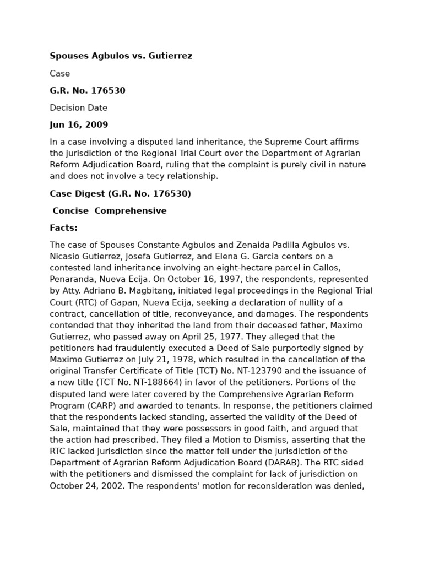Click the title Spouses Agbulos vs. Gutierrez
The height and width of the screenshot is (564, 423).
click(121, 56)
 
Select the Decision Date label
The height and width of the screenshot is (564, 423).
click(78, 108)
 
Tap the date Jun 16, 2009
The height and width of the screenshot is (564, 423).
click(79, 125)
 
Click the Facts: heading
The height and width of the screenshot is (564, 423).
click(63, 228)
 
